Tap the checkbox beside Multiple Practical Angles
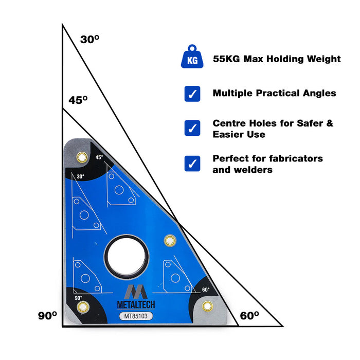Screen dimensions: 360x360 tap(192, 94)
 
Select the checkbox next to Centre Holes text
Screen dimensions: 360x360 tap(192, 128)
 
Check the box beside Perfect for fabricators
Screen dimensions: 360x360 tap(192, 164)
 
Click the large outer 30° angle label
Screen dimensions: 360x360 tap(89, 39)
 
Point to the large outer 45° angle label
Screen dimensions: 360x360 tap(78, 100)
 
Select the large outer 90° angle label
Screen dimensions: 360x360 tap(47, 315)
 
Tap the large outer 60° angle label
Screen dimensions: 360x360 tap(249, 315)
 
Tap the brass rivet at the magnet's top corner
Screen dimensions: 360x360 tap(81, 156)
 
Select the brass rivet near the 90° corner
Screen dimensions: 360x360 tap(82, 308)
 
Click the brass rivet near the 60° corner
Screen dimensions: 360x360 tap(207, 307)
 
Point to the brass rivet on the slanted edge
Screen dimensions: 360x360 tap(169, 240)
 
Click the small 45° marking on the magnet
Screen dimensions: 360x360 tap(99, 157)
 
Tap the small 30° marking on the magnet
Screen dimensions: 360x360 tap(80, 176)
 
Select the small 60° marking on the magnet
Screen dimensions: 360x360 tap(206, 290)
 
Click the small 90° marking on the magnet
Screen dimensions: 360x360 tap(78, 298)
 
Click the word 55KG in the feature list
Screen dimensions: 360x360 tap(226, 59)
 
